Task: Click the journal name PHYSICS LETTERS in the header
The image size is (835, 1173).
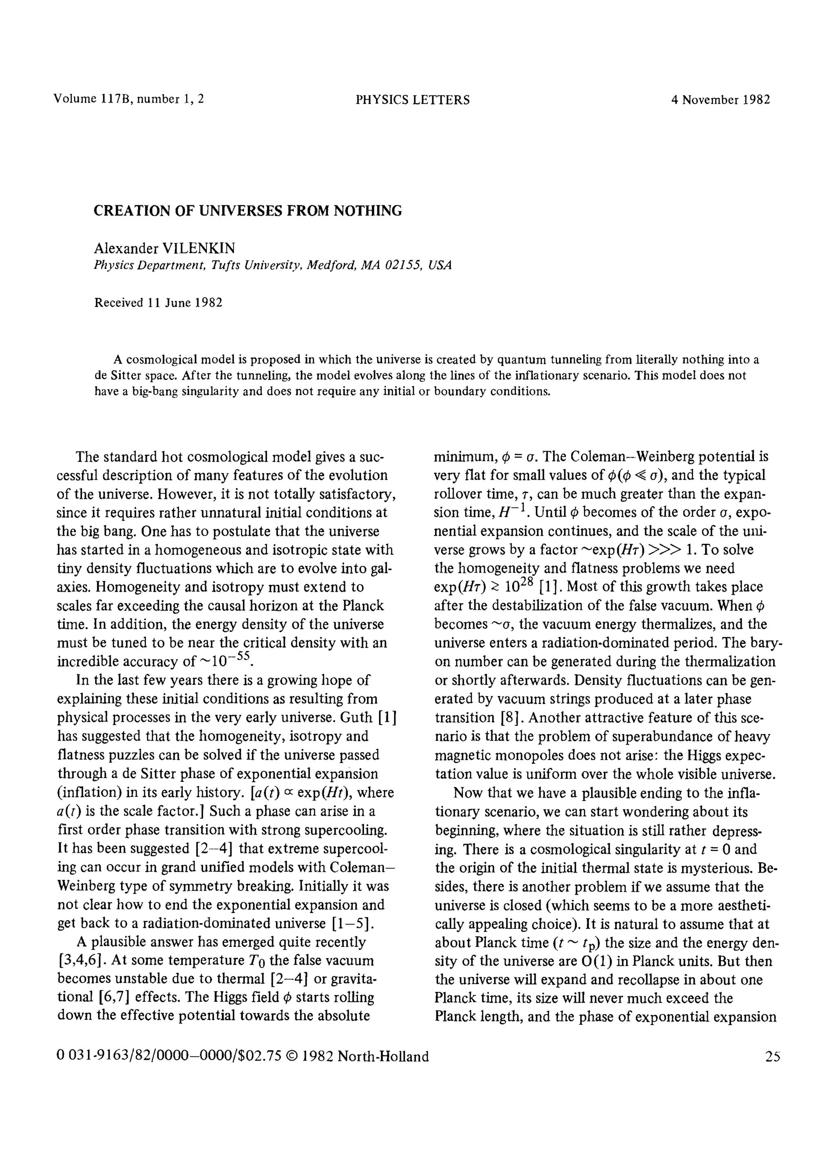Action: pos(412,100)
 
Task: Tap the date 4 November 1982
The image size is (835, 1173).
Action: pos(721,100)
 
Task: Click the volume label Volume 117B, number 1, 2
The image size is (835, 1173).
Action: pos(128,99)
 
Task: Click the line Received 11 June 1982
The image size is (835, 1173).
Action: pos(158,302)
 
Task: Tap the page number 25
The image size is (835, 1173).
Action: pos(772,1057)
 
